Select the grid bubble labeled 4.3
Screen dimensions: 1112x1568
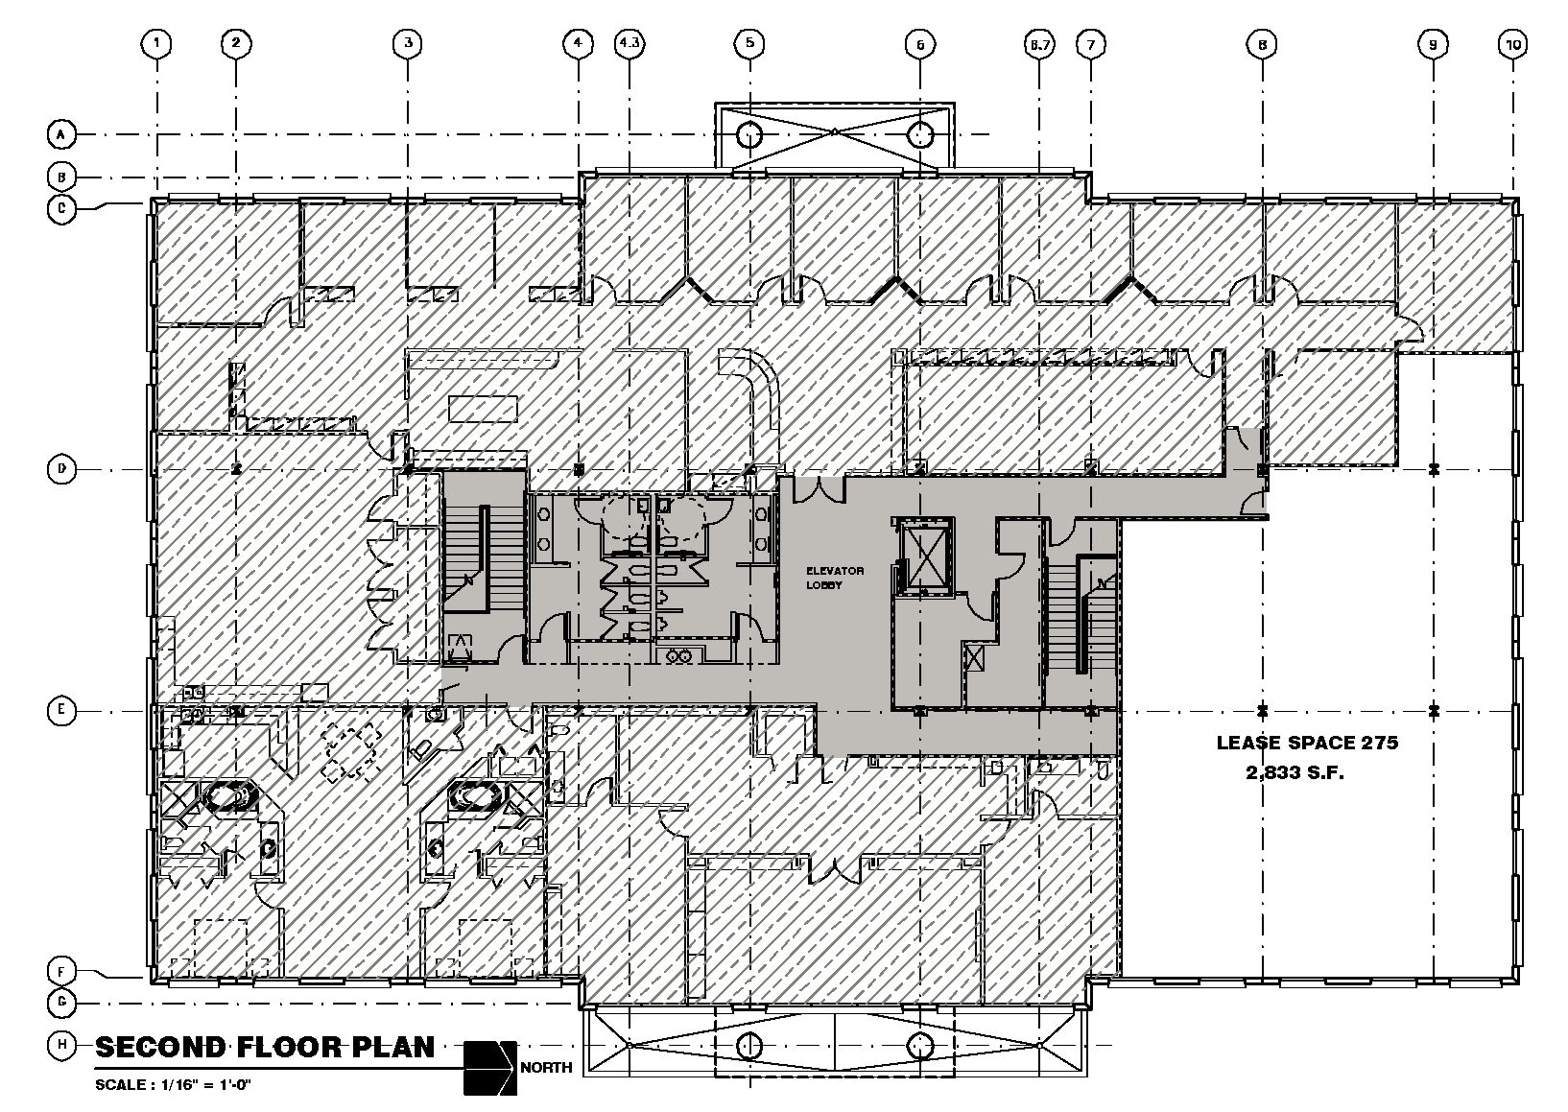[630, 43]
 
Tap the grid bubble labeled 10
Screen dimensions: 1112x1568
[1513, 43]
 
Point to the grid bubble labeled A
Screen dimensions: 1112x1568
[61, 135]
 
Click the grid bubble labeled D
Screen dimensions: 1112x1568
[61, 469]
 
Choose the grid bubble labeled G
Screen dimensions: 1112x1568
[61, 1003]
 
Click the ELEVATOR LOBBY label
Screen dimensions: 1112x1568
[834, 578]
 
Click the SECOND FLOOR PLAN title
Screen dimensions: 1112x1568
[265, 1047]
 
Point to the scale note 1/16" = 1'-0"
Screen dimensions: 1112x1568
[174, 1084]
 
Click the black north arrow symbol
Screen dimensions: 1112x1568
[489, 1067]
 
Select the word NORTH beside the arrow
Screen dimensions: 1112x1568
[547, 1068]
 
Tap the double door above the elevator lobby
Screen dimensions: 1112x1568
[824, 488]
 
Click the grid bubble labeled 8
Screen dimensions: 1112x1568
[1262, 43]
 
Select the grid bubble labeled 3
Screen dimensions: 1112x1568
[408, 43]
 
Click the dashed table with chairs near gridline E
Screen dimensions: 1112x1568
[351, 752]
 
